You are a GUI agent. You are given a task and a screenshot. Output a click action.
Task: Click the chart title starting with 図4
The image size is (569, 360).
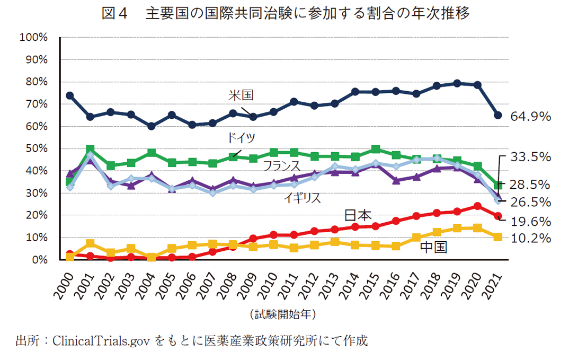coord(285,14)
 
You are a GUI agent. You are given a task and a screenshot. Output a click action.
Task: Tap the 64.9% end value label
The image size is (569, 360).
coord(531,116)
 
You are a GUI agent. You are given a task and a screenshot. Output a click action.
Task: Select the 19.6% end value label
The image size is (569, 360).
coord(531,221)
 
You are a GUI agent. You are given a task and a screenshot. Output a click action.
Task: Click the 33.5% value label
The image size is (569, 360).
coord(531,156)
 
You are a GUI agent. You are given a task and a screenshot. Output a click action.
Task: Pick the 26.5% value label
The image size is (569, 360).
coord(531,202)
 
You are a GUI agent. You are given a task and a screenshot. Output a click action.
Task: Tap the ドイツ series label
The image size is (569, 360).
coord(241,138)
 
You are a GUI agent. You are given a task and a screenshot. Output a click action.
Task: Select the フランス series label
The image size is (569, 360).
coord(281,166)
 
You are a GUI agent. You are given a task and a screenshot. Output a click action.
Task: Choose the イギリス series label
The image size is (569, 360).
coord(303,198)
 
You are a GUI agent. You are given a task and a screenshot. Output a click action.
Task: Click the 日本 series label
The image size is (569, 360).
coord(358,215)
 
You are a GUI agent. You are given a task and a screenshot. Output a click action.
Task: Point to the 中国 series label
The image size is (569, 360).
coord(433,247)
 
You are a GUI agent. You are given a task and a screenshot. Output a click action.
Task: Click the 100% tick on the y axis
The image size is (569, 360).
coord(33,38)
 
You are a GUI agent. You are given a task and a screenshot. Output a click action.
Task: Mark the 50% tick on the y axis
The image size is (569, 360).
coord(35,149)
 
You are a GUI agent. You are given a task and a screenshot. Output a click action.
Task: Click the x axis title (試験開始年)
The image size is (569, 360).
coord(284,314)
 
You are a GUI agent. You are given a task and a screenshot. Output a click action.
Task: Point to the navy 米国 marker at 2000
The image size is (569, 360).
coord(70,95)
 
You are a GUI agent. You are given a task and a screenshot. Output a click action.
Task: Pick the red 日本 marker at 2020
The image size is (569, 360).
coord(477,206)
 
